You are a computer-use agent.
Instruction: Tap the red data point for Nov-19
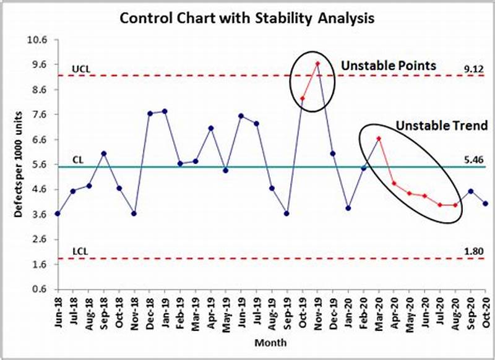click(x=317, y=63)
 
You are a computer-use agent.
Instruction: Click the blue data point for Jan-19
click(x=165, y=111)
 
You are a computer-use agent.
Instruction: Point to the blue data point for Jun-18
click(x=58, y=213)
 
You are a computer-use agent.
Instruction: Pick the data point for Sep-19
click(x=287, y=213)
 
